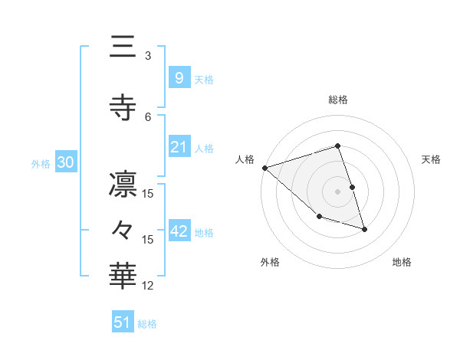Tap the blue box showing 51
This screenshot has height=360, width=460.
click(x=123, y=322)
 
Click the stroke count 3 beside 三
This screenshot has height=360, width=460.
click(x=148, y=56)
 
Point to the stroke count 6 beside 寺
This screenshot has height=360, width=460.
click(x=148, y=116)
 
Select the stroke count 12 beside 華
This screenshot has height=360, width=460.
click(x=148, y=286)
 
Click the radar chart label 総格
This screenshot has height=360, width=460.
click(x=337, y=100)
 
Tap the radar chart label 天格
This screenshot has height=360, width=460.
click(x=432, y=159)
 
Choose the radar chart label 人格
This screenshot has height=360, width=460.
click(x=245, y=159)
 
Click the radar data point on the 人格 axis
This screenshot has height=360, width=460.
click(x=264, y=168)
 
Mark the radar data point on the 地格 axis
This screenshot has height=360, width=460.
click(x=364, y=229)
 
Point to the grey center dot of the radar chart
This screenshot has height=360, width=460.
click(x=337, y=191)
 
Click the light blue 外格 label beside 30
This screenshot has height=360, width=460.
click(x=41, y=164)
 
